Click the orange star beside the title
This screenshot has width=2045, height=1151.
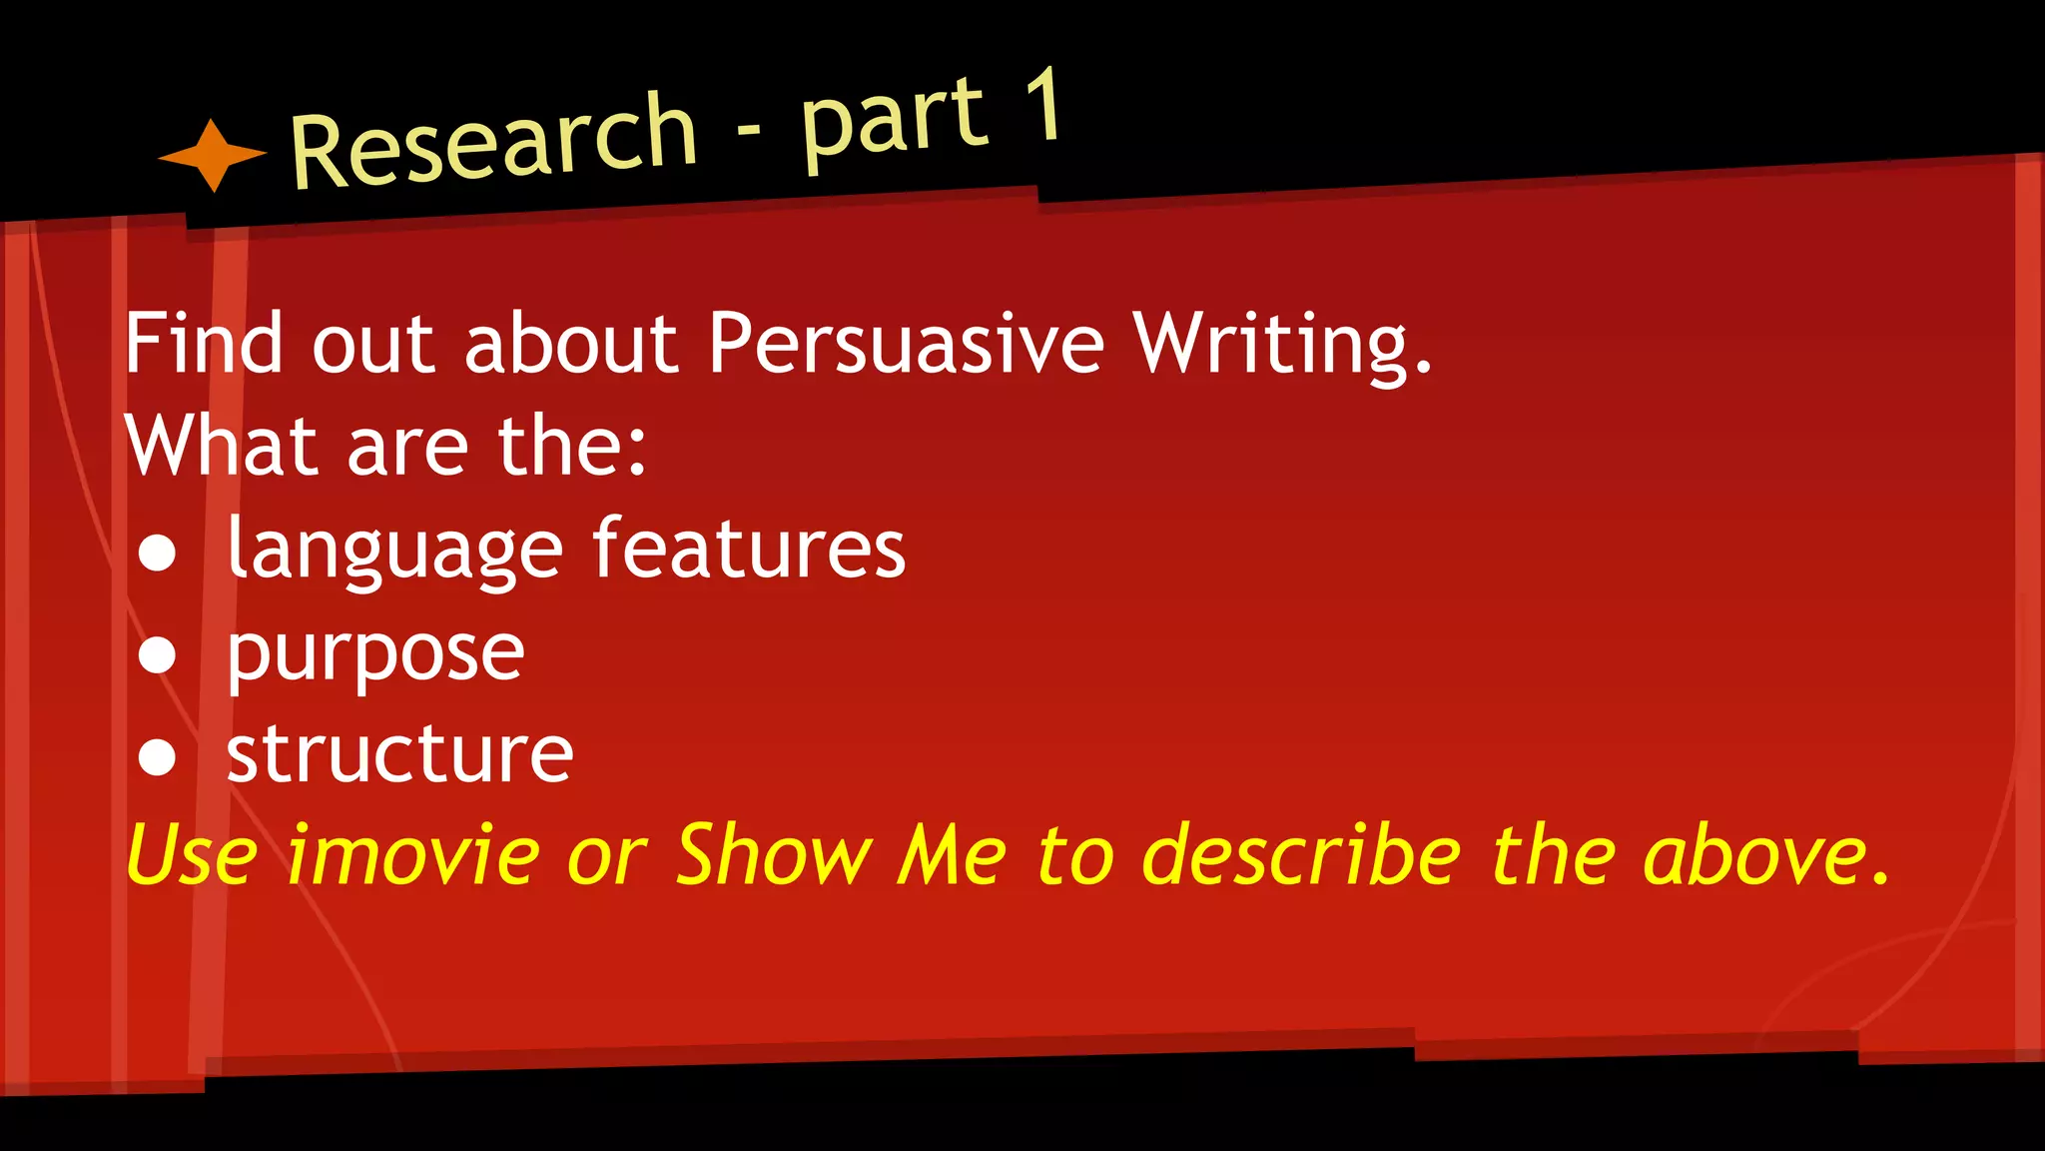click(x=213, y=155)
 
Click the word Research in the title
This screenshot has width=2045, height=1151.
click(x=492, y=141)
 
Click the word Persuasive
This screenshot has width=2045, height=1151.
click(x=906, y=343)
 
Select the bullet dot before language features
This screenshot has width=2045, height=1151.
click(x=158, y=553)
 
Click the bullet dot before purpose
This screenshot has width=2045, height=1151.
click(x=158, y=654)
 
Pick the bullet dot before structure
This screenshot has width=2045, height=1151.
click(x=158, y=756)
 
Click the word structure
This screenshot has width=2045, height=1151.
click(x=399, y=753)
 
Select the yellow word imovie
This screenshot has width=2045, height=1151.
click(x=412, y=855)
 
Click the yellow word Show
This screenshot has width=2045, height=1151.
click(x=774, y=855)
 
